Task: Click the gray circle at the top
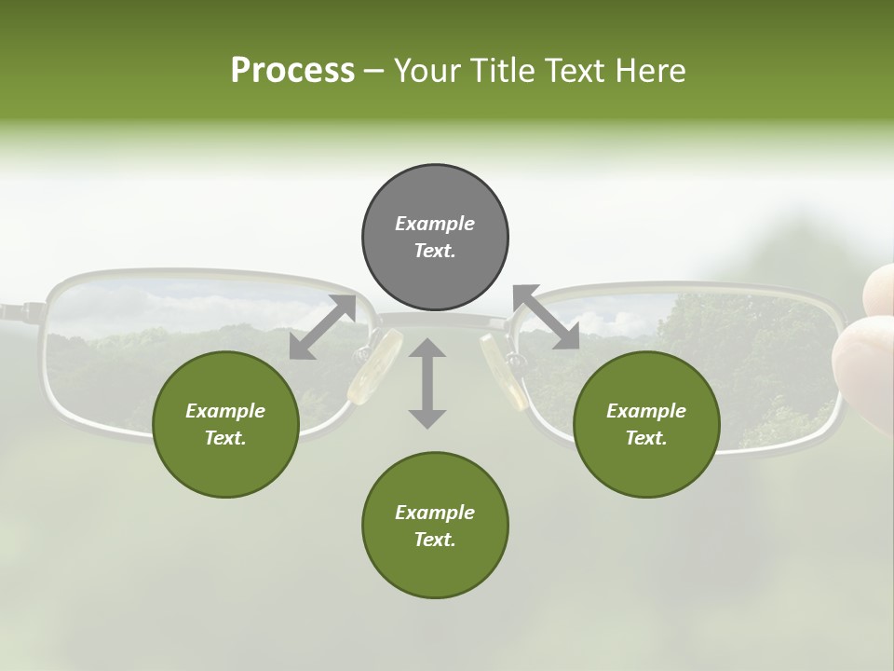pos(435,237)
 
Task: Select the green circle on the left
pos(225,424)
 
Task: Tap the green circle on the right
pos(646,424)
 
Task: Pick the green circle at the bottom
pos(435,526)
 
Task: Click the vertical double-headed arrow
pos(427,383)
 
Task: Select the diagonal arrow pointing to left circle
pos(322,327)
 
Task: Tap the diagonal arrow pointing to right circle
pos(547,317)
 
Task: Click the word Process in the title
pos(292,71)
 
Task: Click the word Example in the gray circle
pos(435,224)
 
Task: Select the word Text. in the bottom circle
pos(435,540)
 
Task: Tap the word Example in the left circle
pos(225,411)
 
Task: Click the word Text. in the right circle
pos(646,438)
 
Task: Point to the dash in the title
pos(373,71)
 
